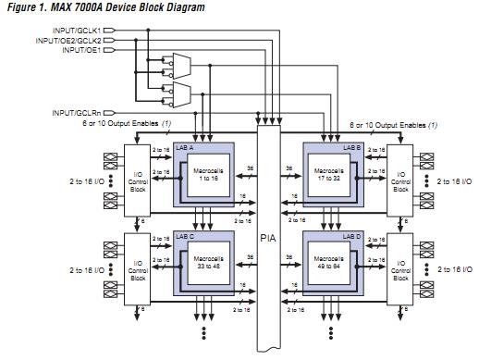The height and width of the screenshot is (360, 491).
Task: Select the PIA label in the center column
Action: tap(268, 238)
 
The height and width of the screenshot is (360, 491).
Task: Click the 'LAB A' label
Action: tap(185, 147)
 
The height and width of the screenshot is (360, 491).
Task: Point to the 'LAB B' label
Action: tap(351, 147)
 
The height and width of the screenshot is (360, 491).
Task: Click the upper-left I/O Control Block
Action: tap(137, 180)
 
